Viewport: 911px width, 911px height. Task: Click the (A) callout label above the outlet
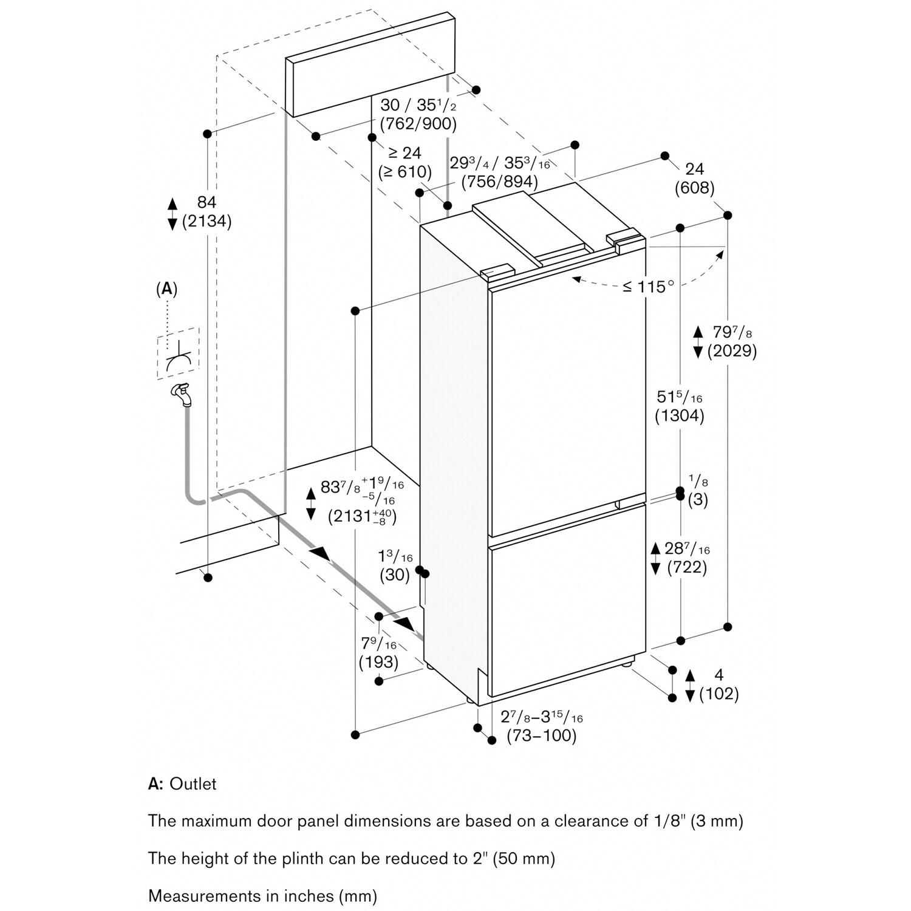pos(167,289)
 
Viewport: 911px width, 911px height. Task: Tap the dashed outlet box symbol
pos(178,353)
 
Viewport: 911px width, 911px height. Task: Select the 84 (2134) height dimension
pos(207,211)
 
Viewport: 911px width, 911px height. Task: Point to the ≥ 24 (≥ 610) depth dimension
pos(404,162)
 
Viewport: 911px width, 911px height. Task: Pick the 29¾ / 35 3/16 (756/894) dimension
pos(499,172)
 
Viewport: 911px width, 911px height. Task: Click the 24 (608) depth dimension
pos(694,178)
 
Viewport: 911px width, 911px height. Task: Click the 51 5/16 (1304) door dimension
pos(680,406)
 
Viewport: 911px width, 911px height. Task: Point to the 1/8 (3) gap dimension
pos(698,491)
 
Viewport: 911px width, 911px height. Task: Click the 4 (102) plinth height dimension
pos(719,684)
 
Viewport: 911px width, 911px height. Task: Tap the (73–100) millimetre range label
pos(541,735)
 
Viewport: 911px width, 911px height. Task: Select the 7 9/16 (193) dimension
pos(379,652)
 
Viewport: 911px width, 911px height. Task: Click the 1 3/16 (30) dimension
pos(395,565)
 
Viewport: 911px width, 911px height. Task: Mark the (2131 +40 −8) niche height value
pos(362,516)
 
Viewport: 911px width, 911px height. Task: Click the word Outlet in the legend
pos(193,783)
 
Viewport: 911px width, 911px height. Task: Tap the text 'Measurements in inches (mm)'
pos(262,895)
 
